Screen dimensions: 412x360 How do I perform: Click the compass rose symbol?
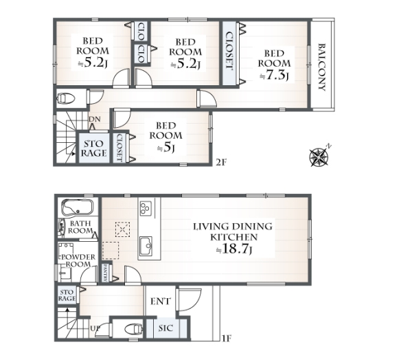319,157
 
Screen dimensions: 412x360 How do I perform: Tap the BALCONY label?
322,67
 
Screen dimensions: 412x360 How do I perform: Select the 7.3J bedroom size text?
274,76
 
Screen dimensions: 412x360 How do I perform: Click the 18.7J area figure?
234,249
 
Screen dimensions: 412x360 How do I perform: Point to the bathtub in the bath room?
78,207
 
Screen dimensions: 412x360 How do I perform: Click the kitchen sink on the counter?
146,246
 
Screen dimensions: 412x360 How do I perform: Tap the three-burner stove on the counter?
146,208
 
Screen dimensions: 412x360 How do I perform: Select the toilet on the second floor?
66,98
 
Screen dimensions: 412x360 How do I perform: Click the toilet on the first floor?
133,329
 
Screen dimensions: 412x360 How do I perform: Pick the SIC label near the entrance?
165,328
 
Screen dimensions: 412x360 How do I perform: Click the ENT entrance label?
160,302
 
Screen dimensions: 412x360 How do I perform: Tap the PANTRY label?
105,273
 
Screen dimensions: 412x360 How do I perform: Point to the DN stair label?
95,120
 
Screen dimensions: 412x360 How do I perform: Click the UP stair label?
95,328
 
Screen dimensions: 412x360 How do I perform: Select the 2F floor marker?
221,162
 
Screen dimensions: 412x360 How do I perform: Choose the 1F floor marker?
226,338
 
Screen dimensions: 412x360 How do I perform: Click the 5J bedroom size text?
165,148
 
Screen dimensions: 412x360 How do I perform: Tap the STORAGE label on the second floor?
94,148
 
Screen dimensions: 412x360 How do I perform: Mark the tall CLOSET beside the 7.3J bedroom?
229,53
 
